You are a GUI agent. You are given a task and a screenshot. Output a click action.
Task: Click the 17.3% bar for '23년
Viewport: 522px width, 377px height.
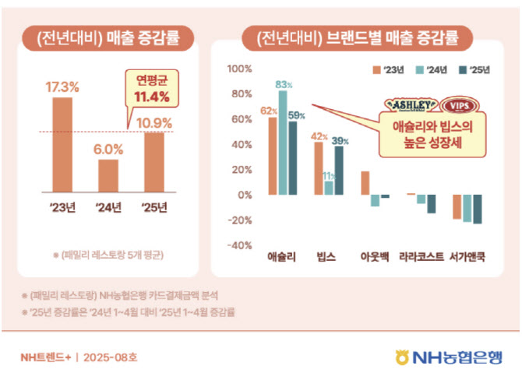pyautogui.click(x=62, y=146)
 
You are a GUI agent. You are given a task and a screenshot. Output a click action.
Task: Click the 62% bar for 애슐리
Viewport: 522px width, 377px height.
pyautogui.click(x=273, y=156)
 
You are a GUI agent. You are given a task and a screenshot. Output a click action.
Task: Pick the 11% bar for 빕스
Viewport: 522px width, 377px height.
pyautogui.click(x=329, y=188)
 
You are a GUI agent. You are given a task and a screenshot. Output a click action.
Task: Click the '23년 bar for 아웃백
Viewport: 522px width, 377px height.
pyautogui.click(x=365, y=183)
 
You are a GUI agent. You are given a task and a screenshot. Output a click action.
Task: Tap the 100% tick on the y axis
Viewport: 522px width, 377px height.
pyautogui.click(x=238, y=69)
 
